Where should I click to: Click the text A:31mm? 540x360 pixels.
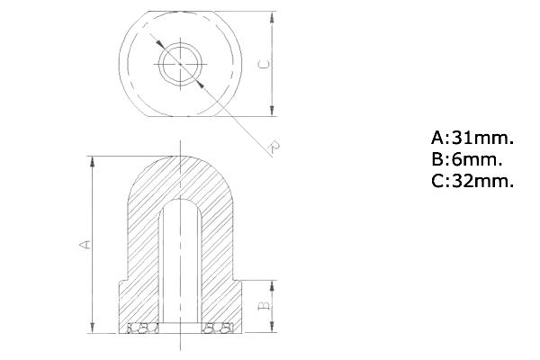tap(472, 138)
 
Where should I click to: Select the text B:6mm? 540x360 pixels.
tap(466, 159)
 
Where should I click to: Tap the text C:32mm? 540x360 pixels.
tap(472, 181)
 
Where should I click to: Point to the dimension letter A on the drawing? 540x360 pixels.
tap(85, 244)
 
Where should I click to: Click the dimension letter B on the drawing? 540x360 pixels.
tap(264, 305)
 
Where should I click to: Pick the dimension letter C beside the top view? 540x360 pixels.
tap(264, 64)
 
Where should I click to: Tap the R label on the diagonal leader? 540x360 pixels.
tap(274, 146)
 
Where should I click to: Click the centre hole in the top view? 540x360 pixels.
tap(181, 64)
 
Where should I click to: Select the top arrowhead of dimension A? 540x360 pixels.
tap(93, 162)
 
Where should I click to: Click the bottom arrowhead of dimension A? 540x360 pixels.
tap(93, 328)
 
